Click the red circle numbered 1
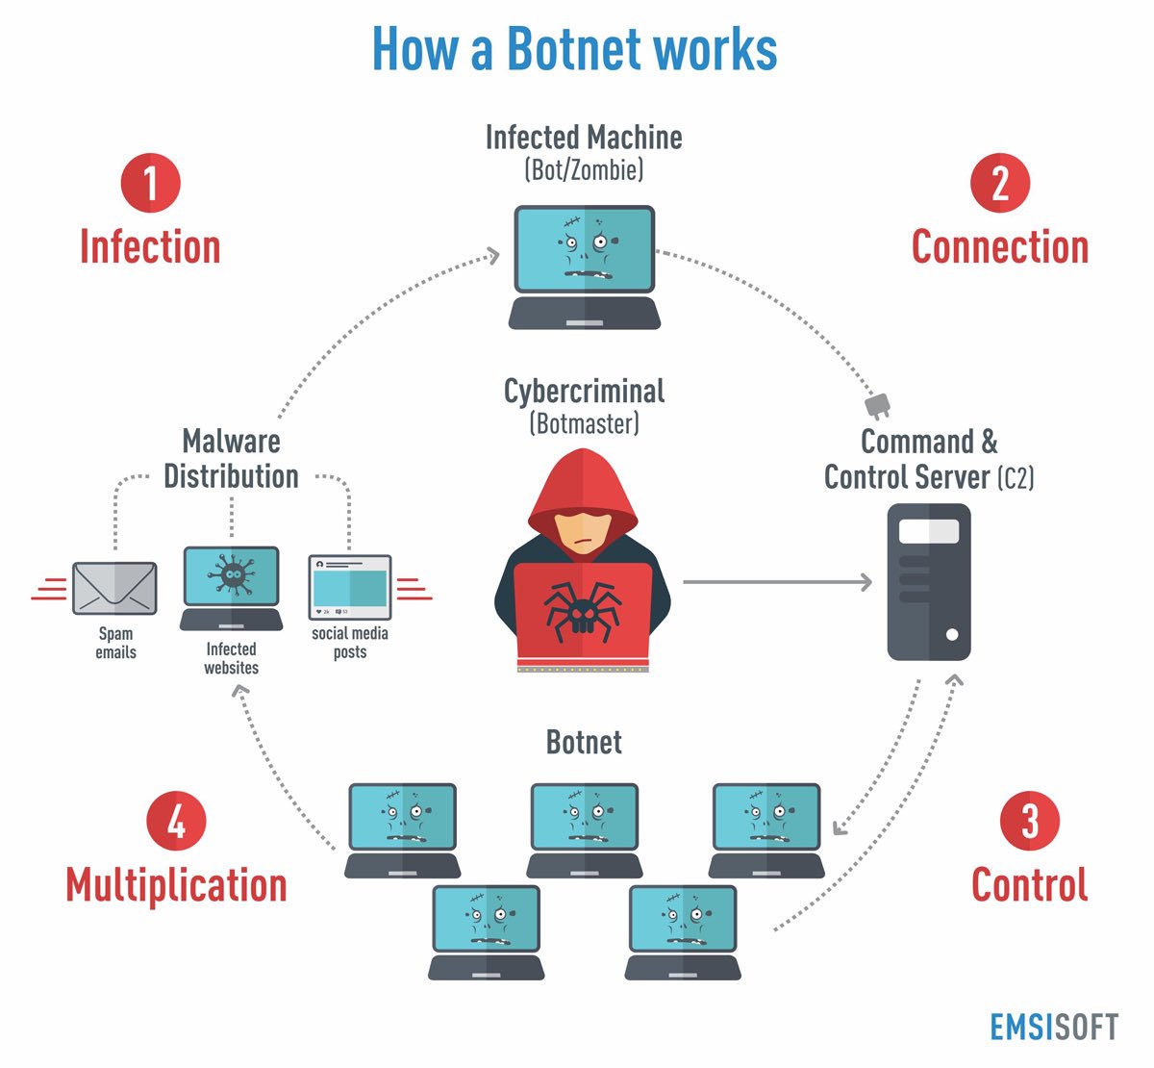click(150, 184)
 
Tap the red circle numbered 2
click(1000, 184)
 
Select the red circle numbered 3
click(1029, 822)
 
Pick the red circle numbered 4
click(176, 822)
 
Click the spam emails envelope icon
click(114, 588)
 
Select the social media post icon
click(350, 587)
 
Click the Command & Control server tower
click(928, 582)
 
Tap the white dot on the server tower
click(952, 635)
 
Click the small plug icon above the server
click(878, 405)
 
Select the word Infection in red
click(150, 247)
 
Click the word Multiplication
click(176, 885)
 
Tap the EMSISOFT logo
click(1054, 1027)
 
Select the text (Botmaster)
click(584, 423)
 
